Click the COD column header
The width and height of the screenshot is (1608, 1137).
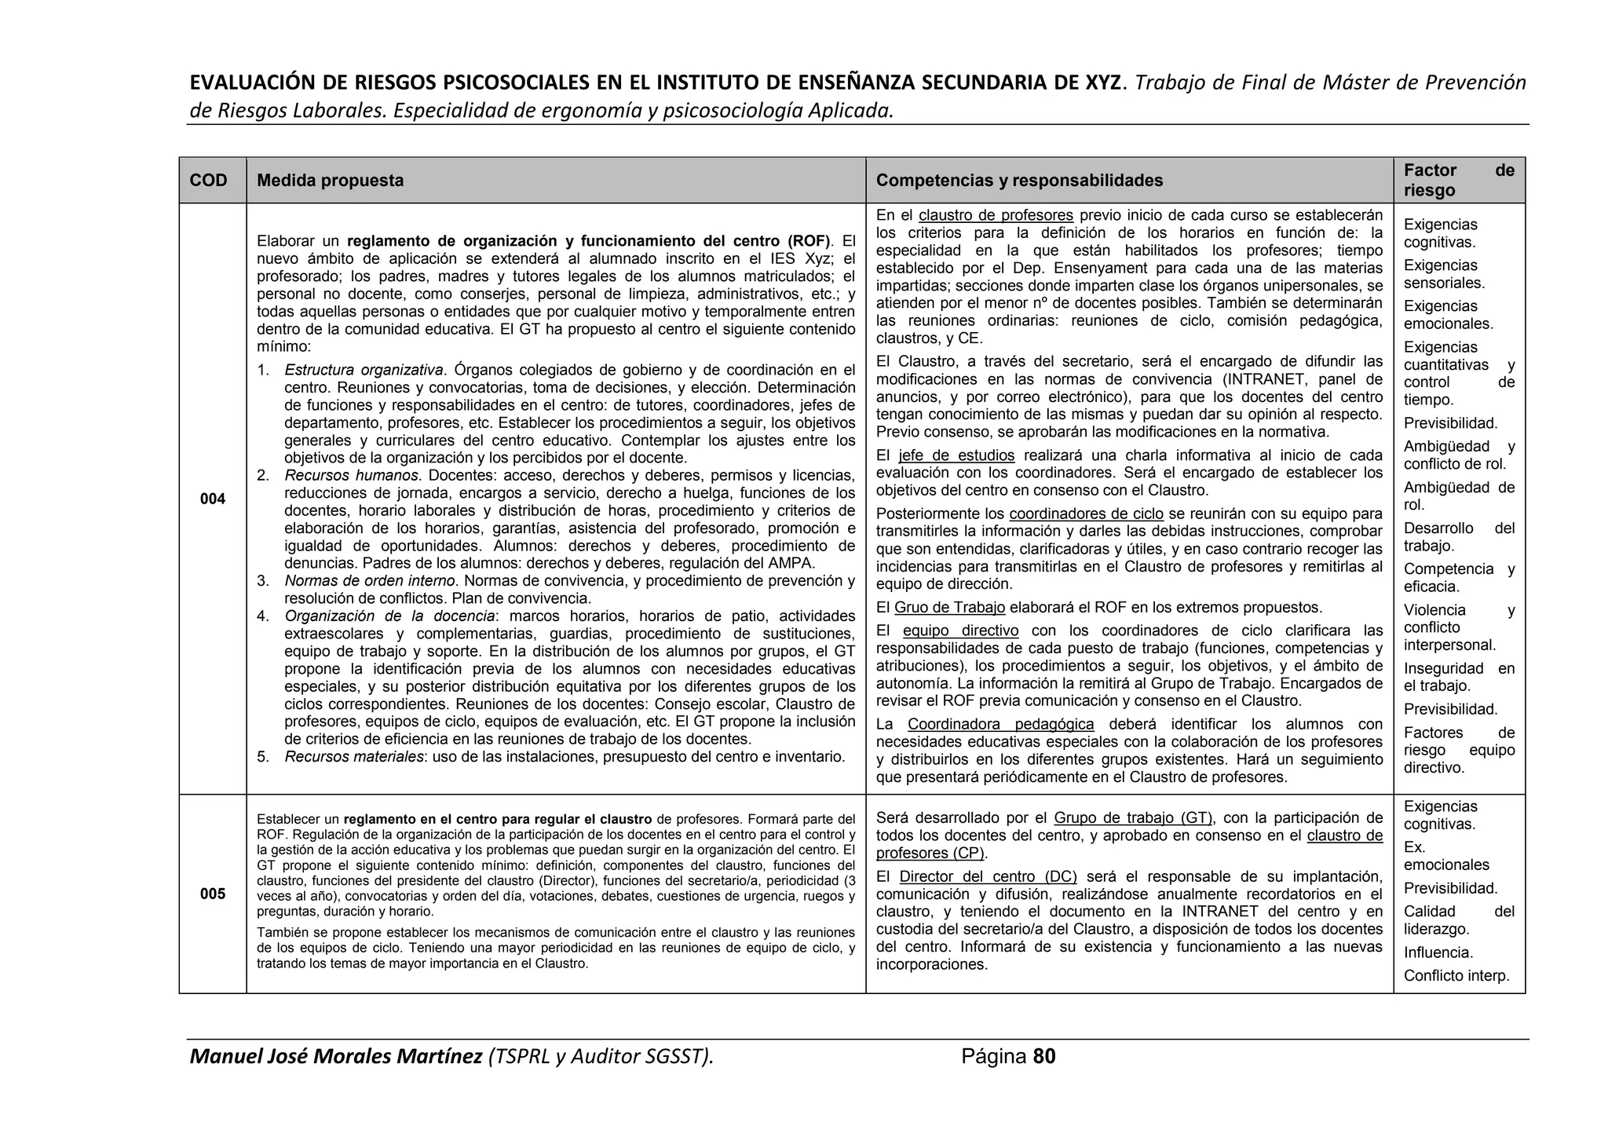pos(208,181)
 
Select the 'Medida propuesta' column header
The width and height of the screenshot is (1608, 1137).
pos(330,181)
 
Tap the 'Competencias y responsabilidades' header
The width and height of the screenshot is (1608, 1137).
pos(1019,181)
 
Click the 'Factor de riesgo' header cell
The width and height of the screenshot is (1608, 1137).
pos(1458,181)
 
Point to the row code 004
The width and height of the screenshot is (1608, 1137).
pos(212,499)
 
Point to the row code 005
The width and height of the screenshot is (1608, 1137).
pos(212,894)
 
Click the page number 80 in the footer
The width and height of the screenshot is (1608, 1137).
pos(1044,1057)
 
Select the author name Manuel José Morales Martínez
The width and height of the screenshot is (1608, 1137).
pos(336,1057)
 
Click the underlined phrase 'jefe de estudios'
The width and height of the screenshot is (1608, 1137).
pos(956,456)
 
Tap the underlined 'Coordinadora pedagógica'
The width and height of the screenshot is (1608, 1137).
pos(1000,725)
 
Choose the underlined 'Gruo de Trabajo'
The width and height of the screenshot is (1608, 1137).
pos(949,608)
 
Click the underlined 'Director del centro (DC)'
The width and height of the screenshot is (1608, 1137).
pos(988,877)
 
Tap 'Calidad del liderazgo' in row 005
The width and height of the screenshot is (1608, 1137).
pos(1458,920)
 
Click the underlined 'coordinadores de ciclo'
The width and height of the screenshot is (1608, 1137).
pos(1086,514)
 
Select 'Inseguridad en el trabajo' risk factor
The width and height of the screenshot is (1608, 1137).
pos(1458,677)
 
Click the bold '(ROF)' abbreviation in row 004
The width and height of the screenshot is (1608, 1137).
pos(809,241)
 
